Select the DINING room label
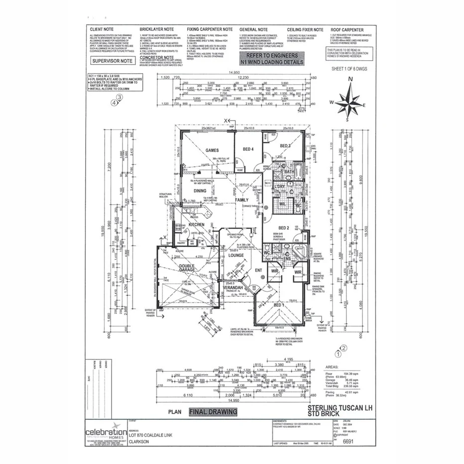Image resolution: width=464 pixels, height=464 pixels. tap(200, 191)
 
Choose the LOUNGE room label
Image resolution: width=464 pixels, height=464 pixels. tap(235, 255)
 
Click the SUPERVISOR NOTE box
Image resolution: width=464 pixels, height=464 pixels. tap(113, 60)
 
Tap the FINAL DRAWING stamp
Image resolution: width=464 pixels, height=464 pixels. tap(213, 412)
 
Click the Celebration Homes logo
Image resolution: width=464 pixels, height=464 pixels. tap(106, 432)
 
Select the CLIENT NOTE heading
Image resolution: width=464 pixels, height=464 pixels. tap(103, 30)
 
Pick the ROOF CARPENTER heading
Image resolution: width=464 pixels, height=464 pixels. tap(347, 30)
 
